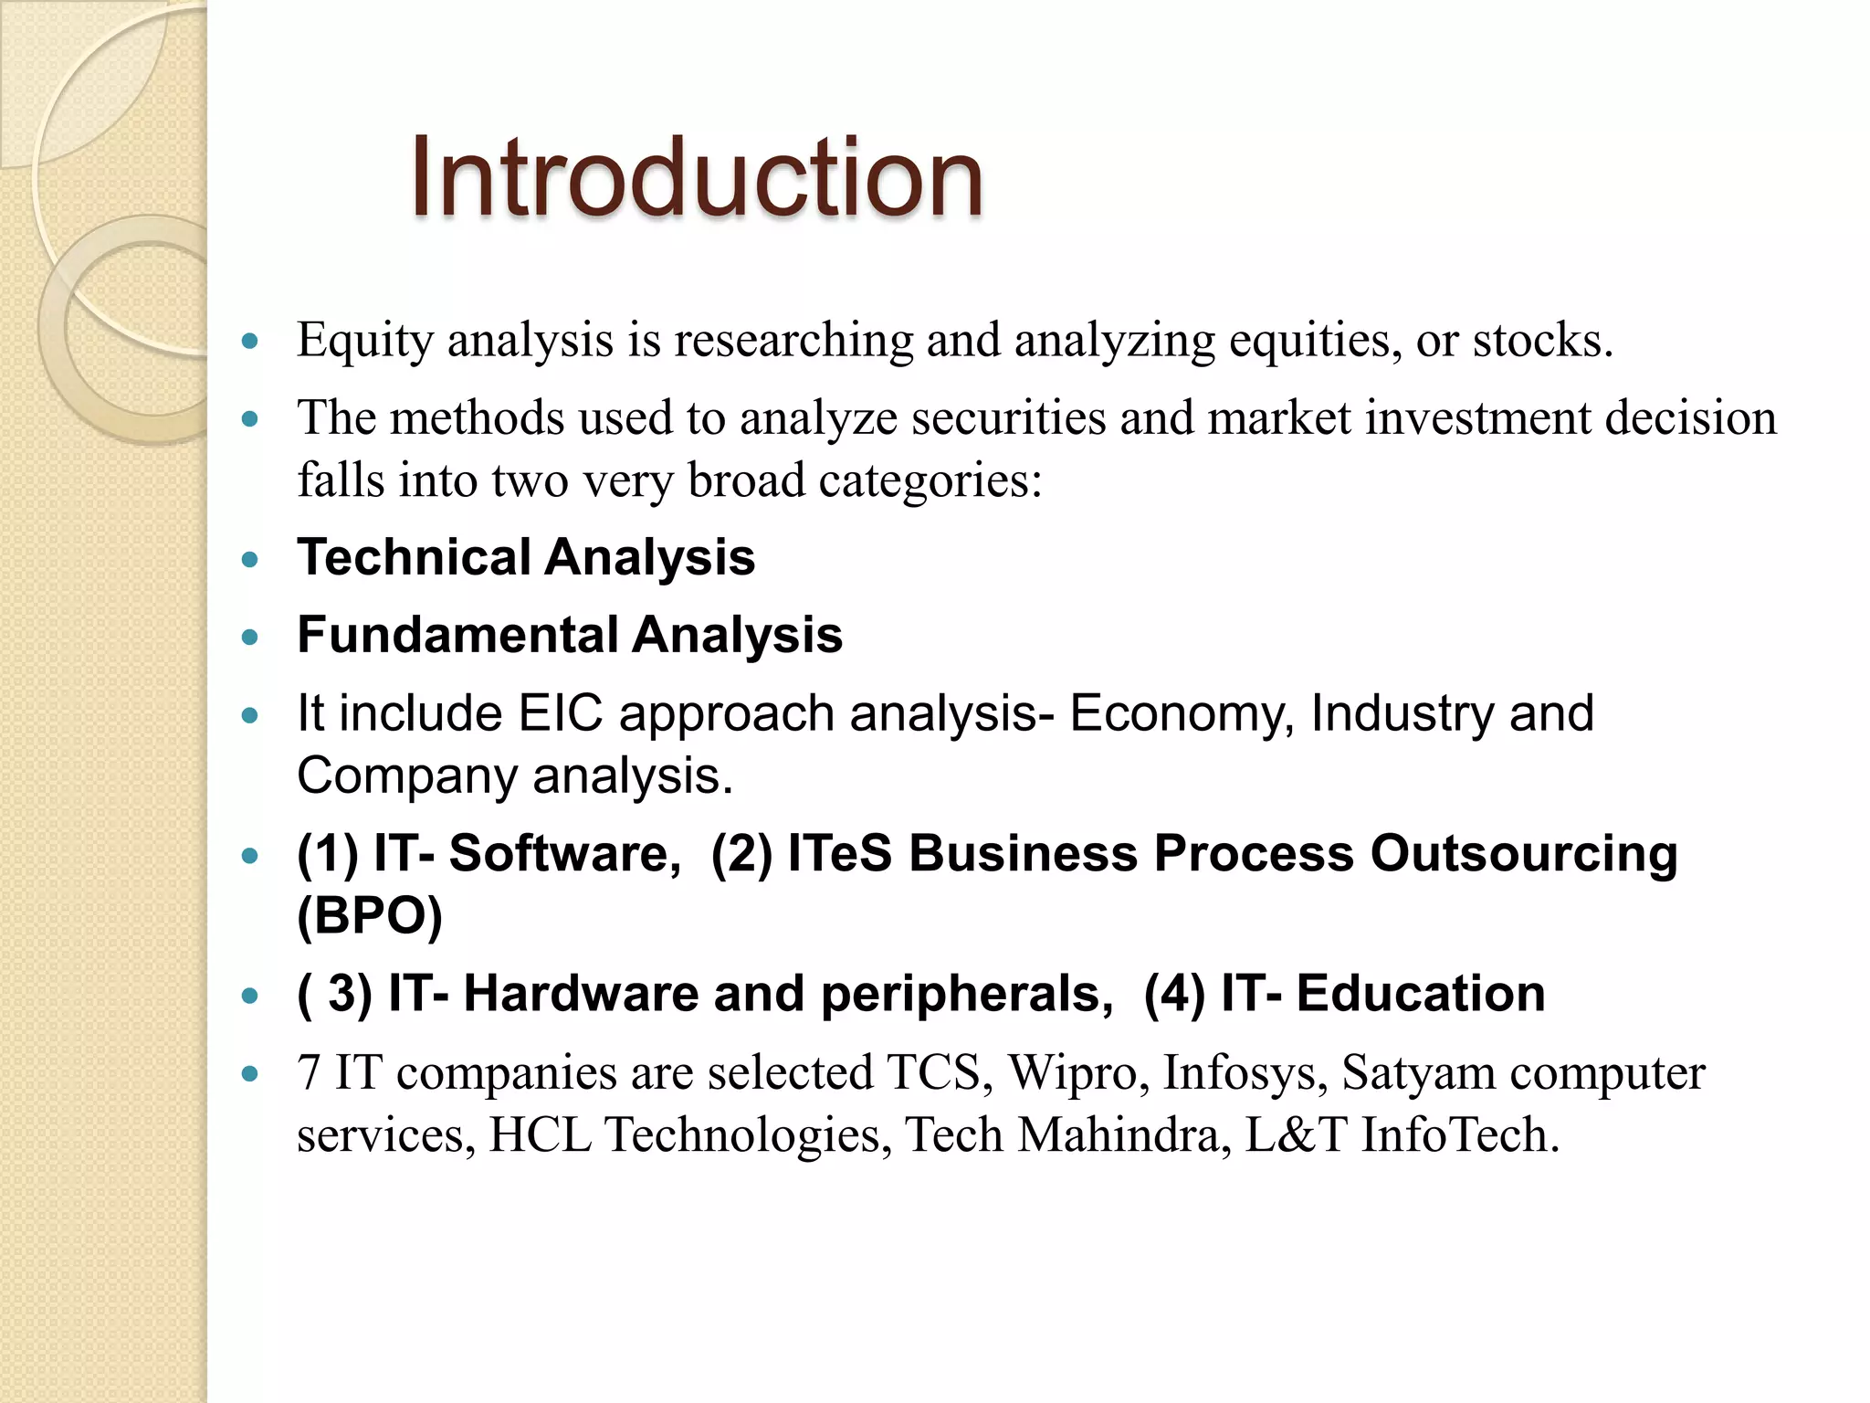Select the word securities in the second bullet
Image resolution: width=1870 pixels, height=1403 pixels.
pyautogui.click(x=1008, y=418)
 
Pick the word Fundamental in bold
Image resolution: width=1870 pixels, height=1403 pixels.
pyautogui.click(x=457, y=635)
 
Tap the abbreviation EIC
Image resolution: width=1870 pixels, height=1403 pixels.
pyautogui.click(x=561, y=713)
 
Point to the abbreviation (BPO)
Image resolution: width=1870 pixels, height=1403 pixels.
pyautogui.click(x=370, y=916)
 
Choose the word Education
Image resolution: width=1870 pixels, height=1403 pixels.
pyautogui.click(x=1420, y=994)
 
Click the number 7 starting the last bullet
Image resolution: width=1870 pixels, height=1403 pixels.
pyautogui.click(x=309, y=1073)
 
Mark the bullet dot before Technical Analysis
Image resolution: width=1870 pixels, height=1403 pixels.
pyautogui.click(x=250, y=560)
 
